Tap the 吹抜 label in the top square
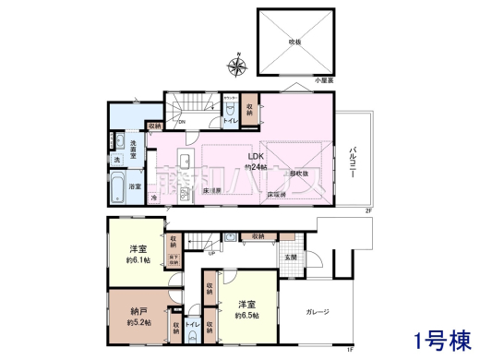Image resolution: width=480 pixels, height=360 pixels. point(294,42)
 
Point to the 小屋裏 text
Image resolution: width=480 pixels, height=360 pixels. point(323,81)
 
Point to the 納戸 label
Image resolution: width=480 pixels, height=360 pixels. point(138,312)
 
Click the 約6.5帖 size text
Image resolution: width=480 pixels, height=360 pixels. point(246,315)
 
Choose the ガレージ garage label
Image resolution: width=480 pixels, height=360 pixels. point(317,312)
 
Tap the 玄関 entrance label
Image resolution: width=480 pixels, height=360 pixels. point(290,257)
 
